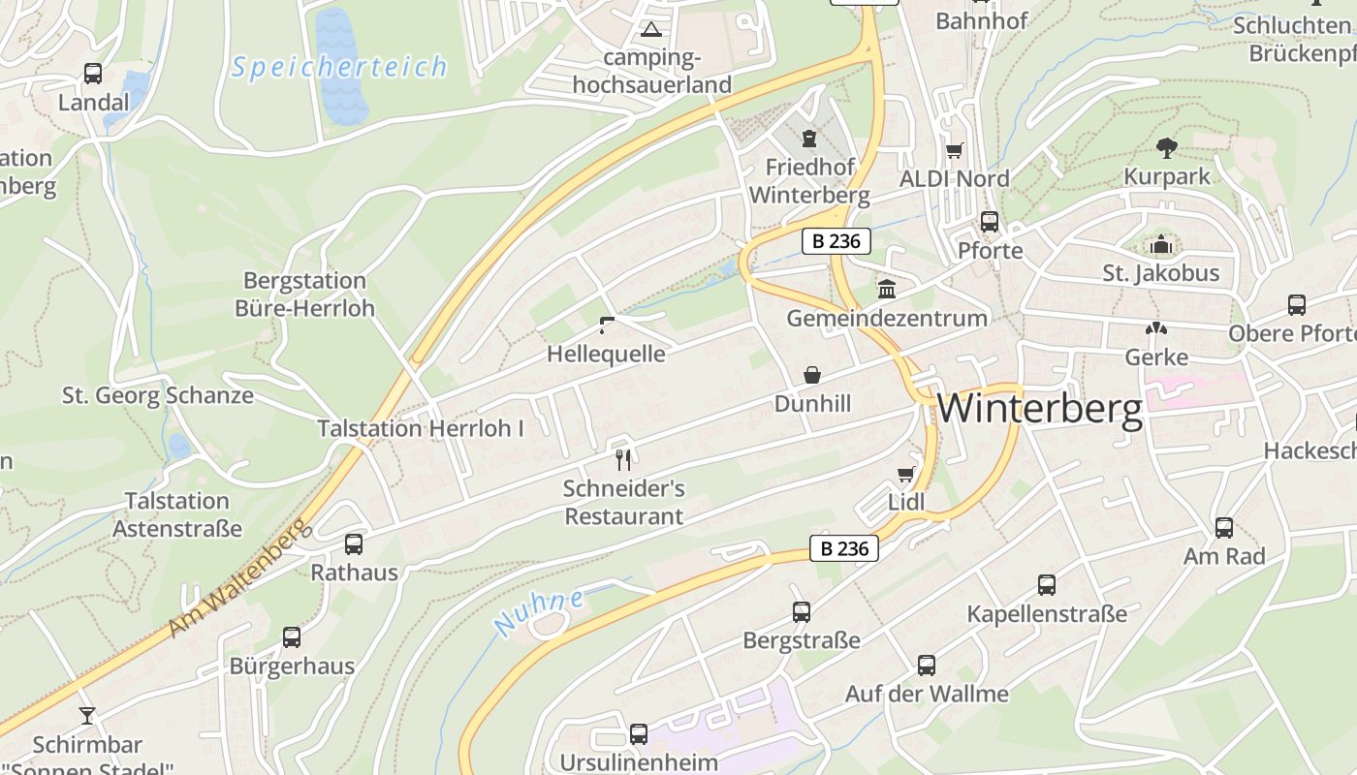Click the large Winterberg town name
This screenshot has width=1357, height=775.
point(1040,409)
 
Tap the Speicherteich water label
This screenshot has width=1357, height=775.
point(339,67)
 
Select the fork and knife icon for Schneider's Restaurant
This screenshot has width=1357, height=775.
point(623,459)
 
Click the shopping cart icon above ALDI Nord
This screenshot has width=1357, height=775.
point(955,150)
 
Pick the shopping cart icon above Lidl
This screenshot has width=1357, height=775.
point(906,474)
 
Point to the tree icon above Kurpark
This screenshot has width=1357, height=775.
point(1167,148)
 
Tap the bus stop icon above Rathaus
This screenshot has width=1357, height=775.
point(354,544)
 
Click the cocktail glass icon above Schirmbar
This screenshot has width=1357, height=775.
point(87,716)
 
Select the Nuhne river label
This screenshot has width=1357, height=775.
point(539,612)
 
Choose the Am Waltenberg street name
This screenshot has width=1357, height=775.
point(238,577)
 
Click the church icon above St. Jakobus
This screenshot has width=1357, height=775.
point(1161,245)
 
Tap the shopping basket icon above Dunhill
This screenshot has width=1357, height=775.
point(812,375)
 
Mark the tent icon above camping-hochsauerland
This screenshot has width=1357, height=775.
point(650,29)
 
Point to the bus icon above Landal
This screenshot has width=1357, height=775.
point(93,74)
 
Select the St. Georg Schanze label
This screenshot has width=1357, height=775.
point(158,395)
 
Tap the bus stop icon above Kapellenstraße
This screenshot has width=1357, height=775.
point(1047,585)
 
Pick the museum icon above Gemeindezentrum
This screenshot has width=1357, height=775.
point(887,289)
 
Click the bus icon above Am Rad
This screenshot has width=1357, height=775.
point(1224,528)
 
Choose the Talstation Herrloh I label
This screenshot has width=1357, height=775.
point(421,428)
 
